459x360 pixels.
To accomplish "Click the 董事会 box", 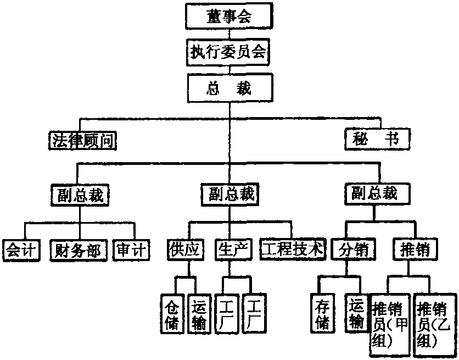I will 229,16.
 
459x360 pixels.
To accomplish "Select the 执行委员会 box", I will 229,52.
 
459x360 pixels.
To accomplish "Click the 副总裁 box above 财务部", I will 81,195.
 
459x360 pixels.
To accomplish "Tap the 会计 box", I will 21,250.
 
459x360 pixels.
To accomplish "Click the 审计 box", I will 131,250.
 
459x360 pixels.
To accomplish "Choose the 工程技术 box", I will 291,250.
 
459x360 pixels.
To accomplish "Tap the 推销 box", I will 416,250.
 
